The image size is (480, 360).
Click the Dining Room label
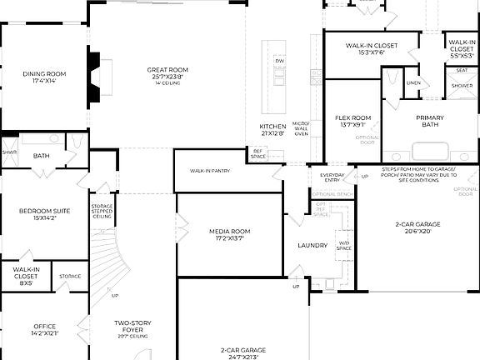(44, 78)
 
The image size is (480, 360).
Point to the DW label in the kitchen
(280, 62)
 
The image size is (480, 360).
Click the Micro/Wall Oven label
(301, 128)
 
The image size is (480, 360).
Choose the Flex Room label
(352, 122)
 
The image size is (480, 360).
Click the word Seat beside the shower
(461, 71)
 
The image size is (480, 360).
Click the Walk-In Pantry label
(209, 170)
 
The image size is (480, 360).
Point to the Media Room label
(229, 234)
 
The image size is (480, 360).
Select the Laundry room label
(313, 245)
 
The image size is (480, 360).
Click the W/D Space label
(344, 246)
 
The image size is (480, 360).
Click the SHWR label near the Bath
(9, 152)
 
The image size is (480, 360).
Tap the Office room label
(44, 329)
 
